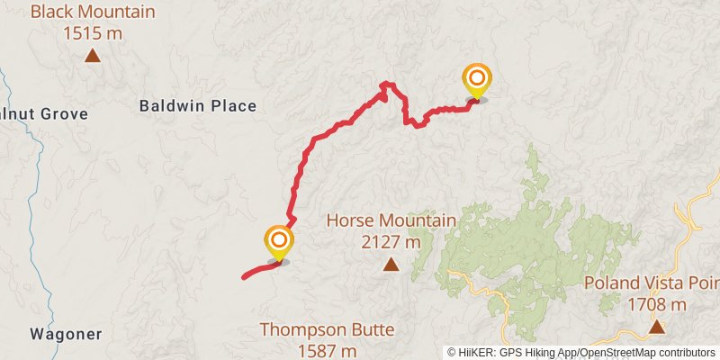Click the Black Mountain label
tap(93, 13)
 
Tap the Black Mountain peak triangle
tap(92, 56)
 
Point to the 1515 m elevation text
tap(93, 33)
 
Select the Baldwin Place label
tap(198, 106)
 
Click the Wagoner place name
tap(66, 334)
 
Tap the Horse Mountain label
tap(391, 220)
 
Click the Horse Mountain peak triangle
tap(391, 264)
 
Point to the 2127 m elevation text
tap(391, 241)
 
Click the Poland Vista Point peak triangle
tap(657, 327)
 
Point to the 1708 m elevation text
tap(657, 304)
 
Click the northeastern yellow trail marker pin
tap(476, 81)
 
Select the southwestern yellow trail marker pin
tap(278, 242)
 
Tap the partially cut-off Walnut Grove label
tap(43, 114)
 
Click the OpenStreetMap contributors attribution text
tap(645, 352)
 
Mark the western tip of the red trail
tap(244, 277)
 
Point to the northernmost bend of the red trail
tap(387, 85)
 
